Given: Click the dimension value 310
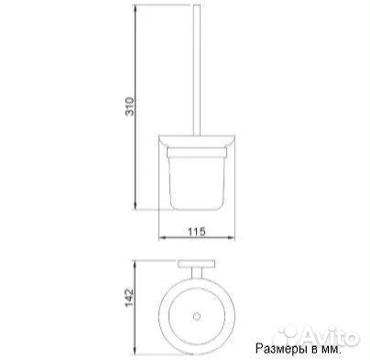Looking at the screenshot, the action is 130,106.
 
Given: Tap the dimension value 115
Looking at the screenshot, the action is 197,232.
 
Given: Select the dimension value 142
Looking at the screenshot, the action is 129,297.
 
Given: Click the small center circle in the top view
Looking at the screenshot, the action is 197,316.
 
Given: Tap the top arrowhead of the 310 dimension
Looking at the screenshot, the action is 136,8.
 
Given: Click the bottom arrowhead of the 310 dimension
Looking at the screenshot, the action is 136,206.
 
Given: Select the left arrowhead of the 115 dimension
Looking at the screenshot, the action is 163,237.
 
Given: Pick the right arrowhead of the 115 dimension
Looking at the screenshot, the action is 230,237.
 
